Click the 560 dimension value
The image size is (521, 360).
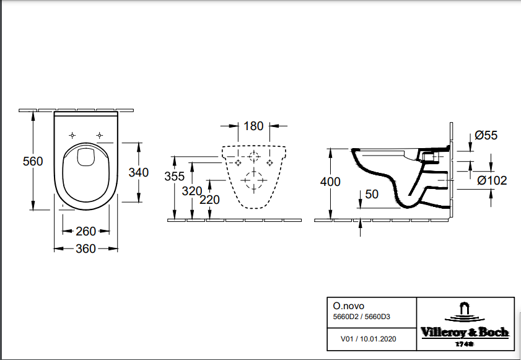[x=33, y=161]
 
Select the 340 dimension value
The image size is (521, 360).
[x=139, y=172]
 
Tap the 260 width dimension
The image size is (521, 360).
[x=85, y=231]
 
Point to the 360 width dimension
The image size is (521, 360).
[x=85, y=248]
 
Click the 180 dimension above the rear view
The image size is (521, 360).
[x=253, y=126]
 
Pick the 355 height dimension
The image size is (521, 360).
[x=175, y=176]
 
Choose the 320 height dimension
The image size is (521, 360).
[x=192, y=191]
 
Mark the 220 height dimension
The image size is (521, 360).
[x=209, y=200]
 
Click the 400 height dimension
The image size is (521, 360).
[x=330, y=182]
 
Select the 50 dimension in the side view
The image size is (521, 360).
[x=372, y=194]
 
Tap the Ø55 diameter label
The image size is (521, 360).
[x=486, y=135]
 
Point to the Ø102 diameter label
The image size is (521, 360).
[x=492, y=180]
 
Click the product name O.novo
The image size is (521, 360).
[x=349, y=305]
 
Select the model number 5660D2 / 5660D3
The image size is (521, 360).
[x=362, y=317]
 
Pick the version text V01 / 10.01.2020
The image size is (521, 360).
[x=369, y=339]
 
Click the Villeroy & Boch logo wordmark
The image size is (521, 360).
[x=465, y=332]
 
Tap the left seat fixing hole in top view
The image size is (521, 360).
[x=72, y=135]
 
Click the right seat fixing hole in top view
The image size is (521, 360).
[x=99, y=135]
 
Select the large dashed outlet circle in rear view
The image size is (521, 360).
[x=254, y=180]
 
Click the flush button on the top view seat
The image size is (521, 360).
[x=85, y=157]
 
